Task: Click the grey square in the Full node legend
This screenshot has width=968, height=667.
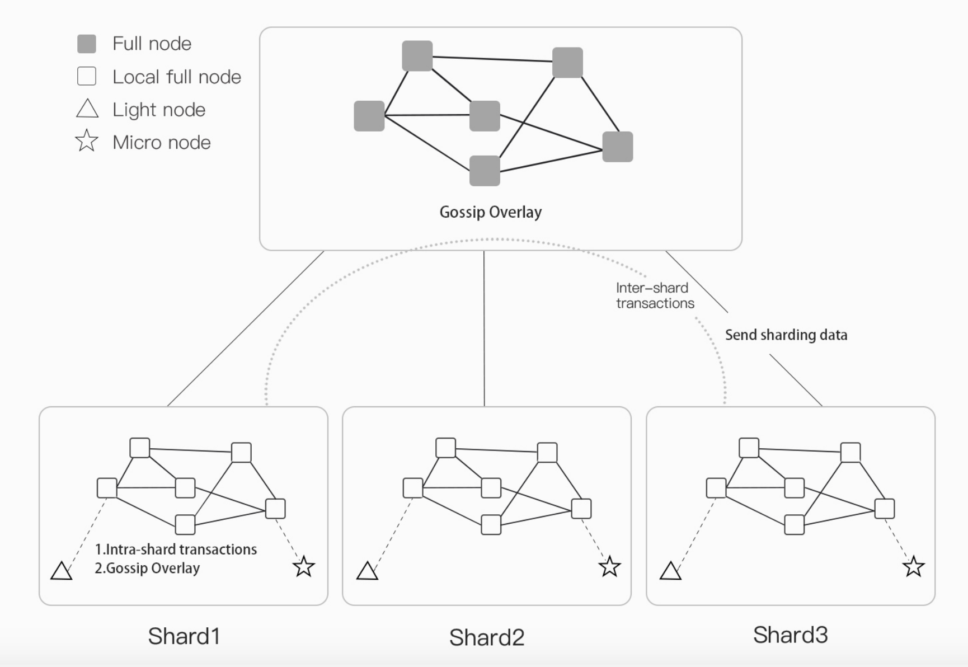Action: click(x=87, y=44)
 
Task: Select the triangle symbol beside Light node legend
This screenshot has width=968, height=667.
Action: click(x=87, y=109)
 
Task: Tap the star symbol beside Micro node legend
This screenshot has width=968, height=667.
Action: click(x=87, y=141)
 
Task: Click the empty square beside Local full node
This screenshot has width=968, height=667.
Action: click(x=87, y=76)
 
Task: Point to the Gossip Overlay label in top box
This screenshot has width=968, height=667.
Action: click(x=490, y=212)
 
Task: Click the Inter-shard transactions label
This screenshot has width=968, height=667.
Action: click(x=655, y=295)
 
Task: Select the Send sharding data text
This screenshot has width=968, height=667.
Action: click(x=786, y=335)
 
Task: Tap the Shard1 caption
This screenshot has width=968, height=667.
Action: click(x=184, y=636)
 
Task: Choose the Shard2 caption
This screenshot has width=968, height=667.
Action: click(x=486, y=637)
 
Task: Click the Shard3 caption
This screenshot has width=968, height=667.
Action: click(x=790, y=635)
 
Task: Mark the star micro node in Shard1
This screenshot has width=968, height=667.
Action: click(x=304, y=567)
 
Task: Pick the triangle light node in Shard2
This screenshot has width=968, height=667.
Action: click(x=367, y=572)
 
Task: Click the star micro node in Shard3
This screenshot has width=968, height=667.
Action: click(x=914, y=567)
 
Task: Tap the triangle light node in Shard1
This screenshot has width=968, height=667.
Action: click(x=62, y=572)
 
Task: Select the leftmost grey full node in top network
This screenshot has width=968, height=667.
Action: click(x=369, y=116)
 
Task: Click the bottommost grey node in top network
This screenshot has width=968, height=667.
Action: click(x=485, y=171)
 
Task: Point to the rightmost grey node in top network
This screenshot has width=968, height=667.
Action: click(x=618, y=147)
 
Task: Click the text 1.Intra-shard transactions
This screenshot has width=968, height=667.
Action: click(x=176, y=549)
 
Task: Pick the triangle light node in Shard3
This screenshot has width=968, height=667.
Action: click(x=670, y=572)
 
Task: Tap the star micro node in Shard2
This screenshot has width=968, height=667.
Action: click(x=609, y=567)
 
